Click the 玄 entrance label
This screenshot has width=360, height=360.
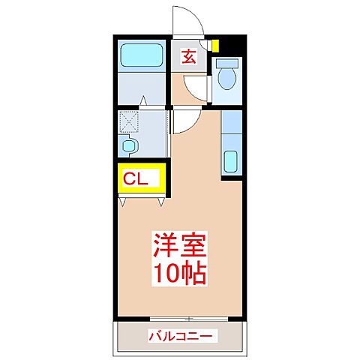pos(190,56)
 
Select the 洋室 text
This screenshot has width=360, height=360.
pos(179,246)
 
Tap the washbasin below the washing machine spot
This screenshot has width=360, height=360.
pos(129,145)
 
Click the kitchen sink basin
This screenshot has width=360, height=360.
pos(232,161)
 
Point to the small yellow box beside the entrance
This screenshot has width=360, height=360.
pos(215,45)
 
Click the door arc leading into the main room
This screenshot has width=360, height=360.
pos(186,120)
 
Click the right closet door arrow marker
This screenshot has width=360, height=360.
pos(163,200)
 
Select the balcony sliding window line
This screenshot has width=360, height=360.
pos(180,316)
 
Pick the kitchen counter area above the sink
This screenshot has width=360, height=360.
pos(232,127)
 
